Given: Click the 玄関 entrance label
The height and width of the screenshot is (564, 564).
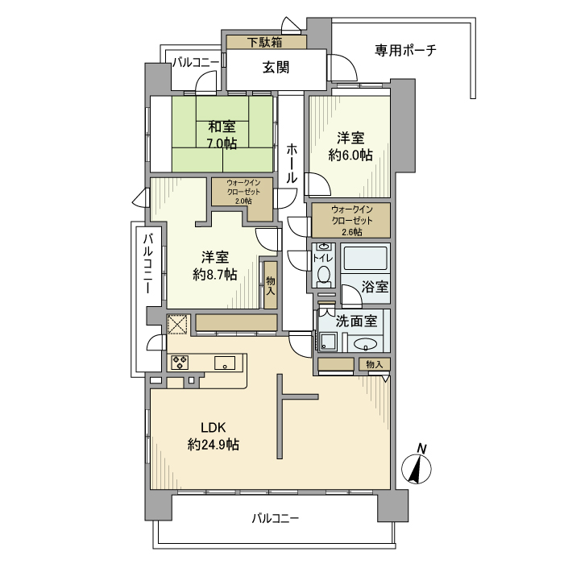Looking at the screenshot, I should pyautogui.click(x=276, y=68).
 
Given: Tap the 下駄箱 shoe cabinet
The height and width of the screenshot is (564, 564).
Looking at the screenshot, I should pyautogui.click(x=265, y=42).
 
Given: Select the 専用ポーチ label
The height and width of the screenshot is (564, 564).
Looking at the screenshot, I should pyautogui.click(x=405, y=51).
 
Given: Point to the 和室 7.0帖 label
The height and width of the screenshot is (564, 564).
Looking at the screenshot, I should pyautogui.click(x=222, y=135).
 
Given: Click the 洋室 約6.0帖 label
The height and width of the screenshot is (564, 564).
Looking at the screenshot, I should pyautogui.click(x=350, y=145).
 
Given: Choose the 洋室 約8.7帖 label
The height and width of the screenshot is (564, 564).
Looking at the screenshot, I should pyautogui.click(x=214, y=266).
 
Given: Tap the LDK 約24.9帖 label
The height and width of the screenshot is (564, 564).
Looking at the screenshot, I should pyautogui.click(x=213, y=435).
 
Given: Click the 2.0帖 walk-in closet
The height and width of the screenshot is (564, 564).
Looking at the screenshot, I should pyautogui.click(x=243, y=192).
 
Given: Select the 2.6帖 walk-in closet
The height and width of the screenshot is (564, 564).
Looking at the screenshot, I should pyautogui.click(x=350, y=220).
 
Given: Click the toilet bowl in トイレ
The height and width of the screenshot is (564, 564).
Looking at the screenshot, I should pyautogui.click(x=324, y=275).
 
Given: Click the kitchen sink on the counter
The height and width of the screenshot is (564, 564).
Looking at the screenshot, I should pyautogui.click(x=224, y=363).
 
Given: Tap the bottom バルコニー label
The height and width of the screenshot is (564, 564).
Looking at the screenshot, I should pyautogui.click(x=274, y=518).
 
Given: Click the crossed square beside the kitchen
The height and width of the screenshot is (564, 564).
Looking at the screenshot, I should pyautogui.click(x=176, y=325).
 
